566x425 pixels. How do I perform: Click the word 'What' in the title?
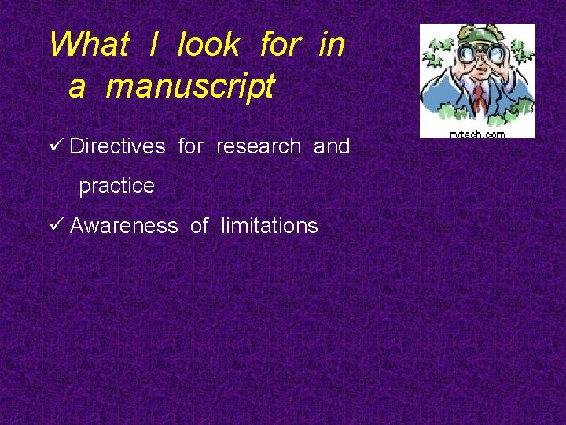(x=88, y=45)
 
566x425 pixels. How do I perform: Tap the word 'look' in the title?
(x=208, y=45)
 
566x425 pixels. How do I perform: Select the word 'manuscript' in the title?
(x=190, y=86)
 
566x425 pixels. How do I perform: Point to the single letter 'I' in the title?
(x=153, y=45)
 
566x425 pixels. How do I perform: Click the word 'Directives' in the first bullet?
(x=117, y=146)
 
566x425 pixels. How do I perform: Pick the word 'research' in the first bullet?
(x=258, y=146)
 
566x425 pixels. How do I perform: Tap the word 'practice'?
(x=116, y=187)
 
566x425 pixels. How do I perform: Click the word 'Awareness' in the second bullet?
(x=123, y=226)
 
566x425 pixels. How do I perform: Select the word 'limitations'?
(x=269, y=226)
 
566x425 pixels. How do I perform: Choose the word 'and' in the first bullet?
(x=332, y=146)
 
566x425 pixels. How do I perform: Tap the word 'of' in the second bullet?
(x=199, y=226)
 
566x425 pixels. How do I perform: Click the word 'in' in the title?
(x=331, y=45)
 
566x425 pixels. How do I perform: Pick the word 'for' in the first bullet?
(x=190, y=146)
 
